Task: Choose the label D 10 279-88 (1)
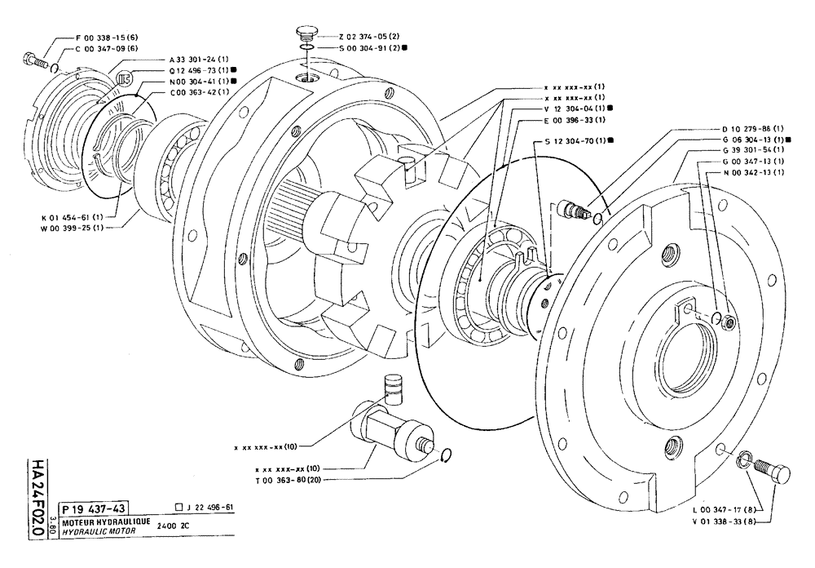click(x=752, y=129)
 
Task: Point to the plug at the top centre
click(x=307, y=33)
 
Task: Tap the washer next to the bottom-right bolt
click(x=745, y=464)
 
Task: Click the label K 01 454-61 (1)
click(x=73, y=216)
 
